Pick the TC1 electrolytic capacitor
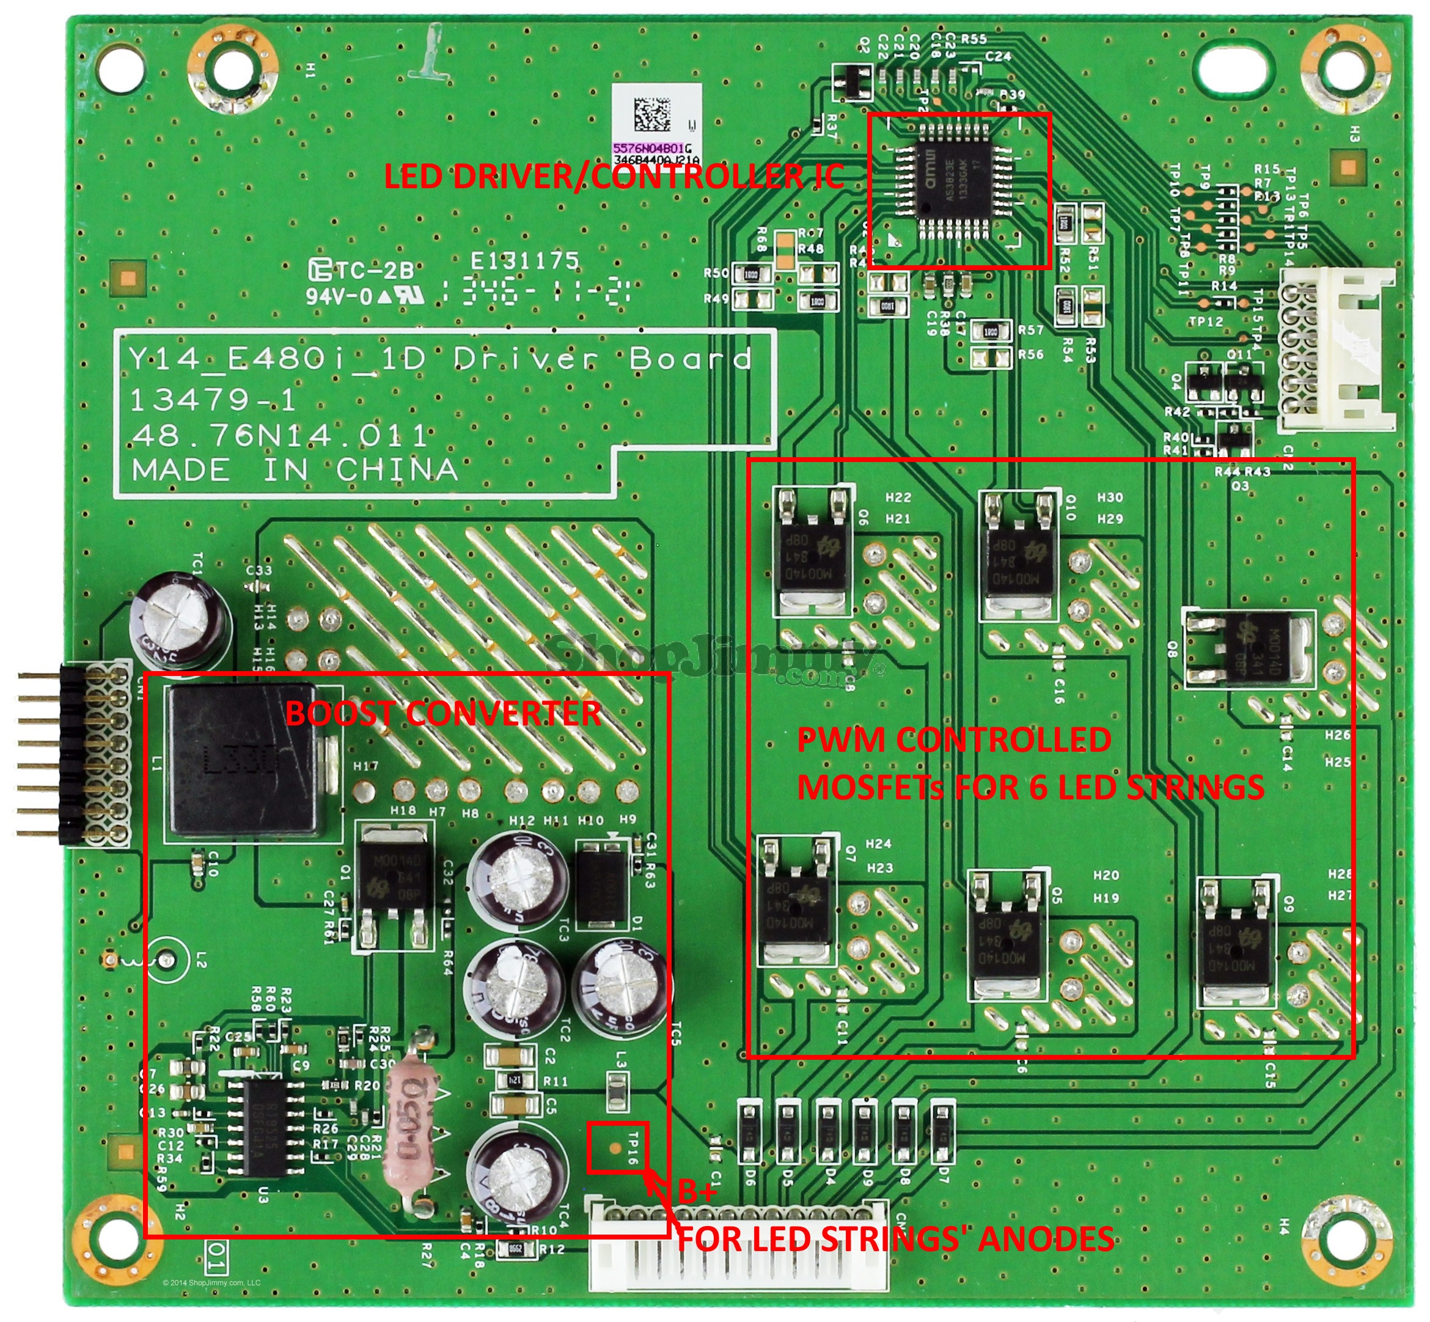tap(180, 620)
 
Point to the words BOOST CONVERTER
tap(443, 713)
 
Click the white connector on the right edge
tap(1335, 351)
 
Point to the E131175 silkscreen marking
tap(524, 261)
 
